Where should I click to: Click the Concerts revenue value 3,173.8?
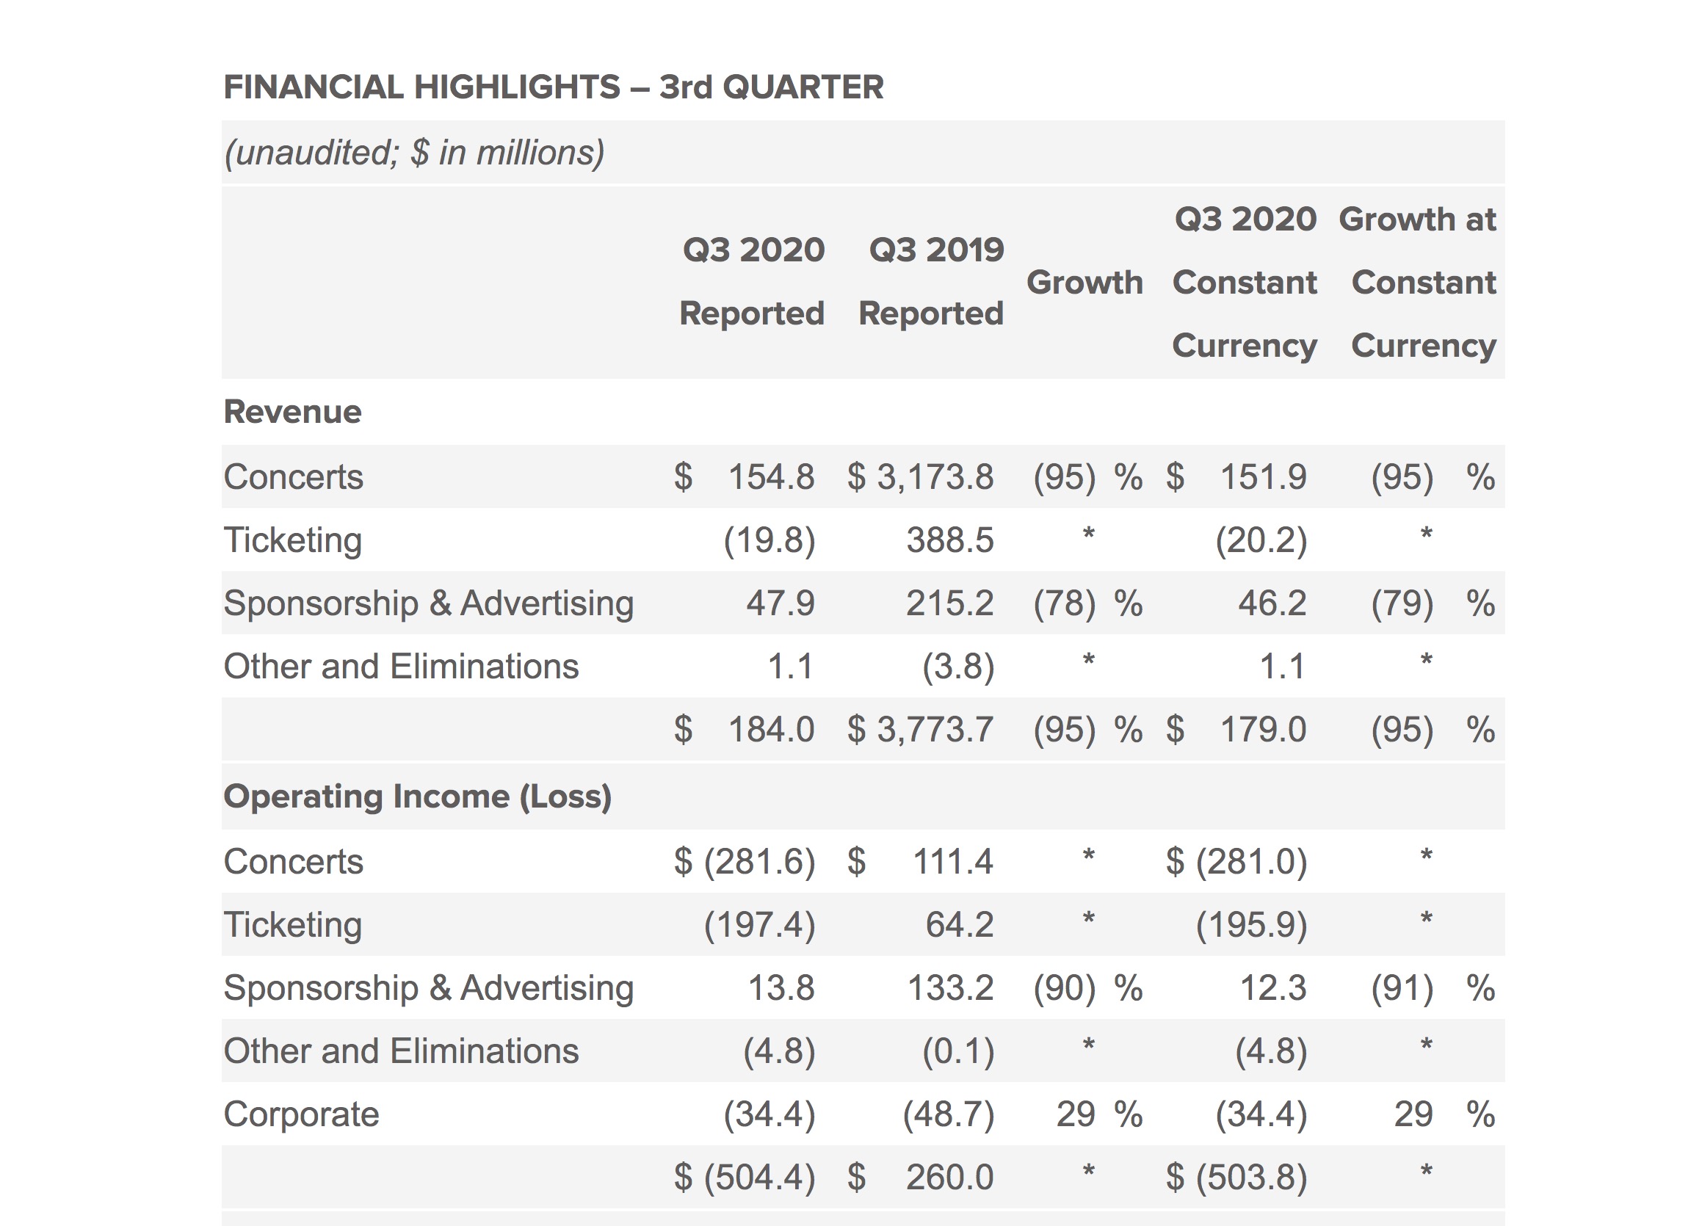[x=935, y=477]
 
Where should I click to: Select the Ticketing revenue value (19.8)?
[x=769, y=540]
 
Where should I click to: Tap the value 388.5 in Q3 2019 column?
[x=950, y=540]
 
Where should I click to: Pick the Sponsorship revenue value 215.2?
[x=949, y=603]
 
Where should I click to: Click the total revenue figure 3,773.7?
[x=935, y=729]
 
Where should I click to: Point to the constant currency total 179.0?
[x=1263, y=729]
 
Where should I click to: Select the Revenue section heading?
[x=293, y=412]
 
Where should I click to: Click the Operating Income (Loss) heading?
[x=417, y=796]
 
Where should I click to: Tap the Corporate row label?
[x=302, y=1114]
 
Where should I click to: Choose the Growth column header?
[x=1084, y=283]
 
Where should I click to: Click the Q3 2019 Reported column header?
[x=931, y=281]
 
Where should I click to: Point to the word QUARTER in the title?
[x=803, y=87]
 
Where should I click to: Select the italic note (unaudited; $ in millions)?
[x=414, y=152]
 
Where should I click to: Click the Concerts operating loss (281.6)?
[x=759, y=861]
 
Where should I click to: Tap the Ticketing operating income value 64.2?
[x=959, y=924]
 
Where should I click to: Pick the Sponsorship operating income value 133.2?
[x=950, y=988]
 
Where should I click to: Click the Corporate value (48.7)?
[x=949, y=1114]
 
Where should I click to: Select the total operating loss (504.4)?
[x=759, y=1178]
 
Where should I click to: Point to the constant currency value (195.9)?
[x=1251, y=924]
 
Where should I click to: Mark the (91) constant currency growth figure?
[x=1402, y=988]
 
